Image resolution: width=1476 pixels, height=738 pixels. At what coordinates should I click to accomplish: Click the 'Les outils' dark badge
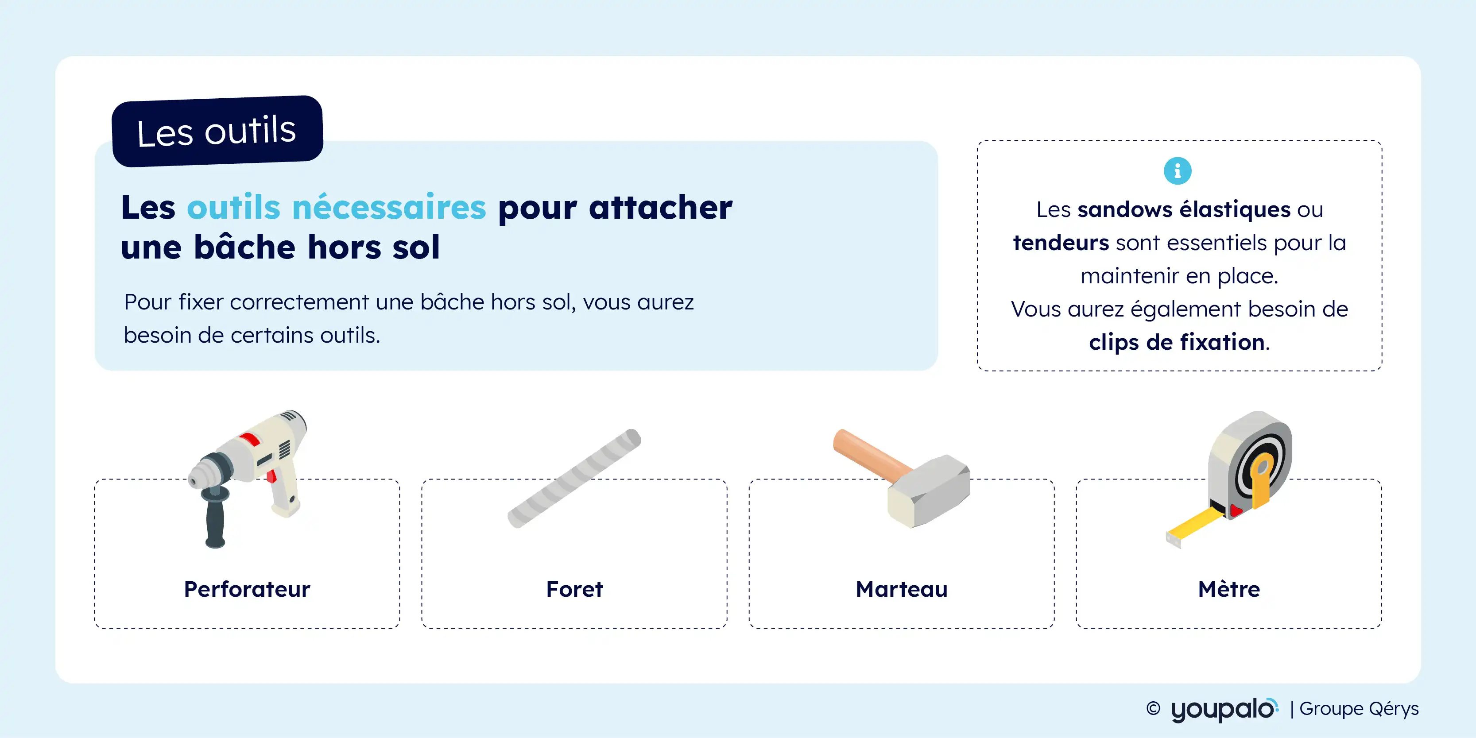(x=217, y=131)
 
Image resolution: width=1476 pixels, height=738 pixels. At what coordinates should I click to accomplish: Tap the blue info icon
(x=1178, y=171)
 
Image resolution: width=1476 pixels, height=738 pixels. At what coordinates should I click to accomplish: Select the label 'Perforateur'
(x=247, y=589)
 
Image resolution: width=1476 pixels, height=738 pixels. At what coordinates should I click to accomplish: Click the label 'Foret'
(x=574, y=589)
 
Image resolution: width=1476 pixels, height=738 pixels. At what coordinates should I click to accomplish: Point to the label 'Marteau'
(x=901, y=589)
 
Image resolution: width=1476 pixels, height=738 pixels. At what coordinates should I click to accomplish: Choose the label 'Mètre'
(x=1228, y=589)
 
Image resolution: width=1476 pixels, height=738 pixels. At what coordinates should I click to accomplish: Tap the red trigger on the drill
(x=271, y=475)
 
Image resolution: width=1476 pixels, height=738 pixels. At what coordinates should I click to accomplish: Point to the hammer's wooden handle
(x=871, y=456)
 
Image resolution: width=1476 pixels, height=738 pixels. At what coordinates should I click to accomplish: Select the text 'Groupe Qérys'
(x=1359, y=709)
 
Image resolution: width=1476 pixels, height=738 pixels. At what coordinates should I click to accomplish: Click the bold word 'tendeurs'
(x=1061, y=242)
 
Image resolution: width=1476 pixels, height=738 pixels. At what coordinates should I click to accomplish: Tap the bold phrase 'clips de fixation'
(x=1177, y=342)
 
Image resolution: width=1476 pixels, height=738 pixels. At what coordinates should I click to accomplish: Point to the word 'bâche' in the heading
(x=244, y=247)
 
